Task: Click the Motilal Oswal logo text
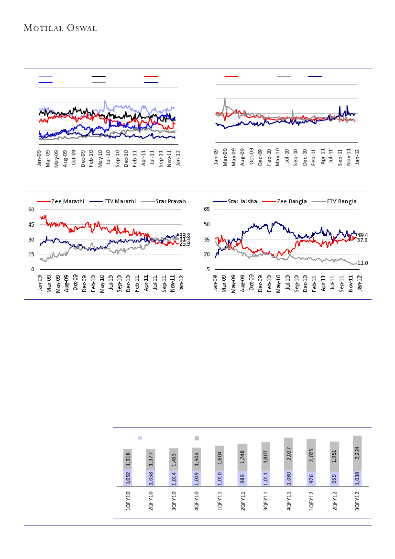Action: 60,28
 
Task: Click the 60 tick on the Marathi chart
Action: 31,210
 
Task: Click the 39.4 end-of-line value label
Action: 362,235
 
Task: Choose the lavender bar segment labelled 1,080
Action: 288,478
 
